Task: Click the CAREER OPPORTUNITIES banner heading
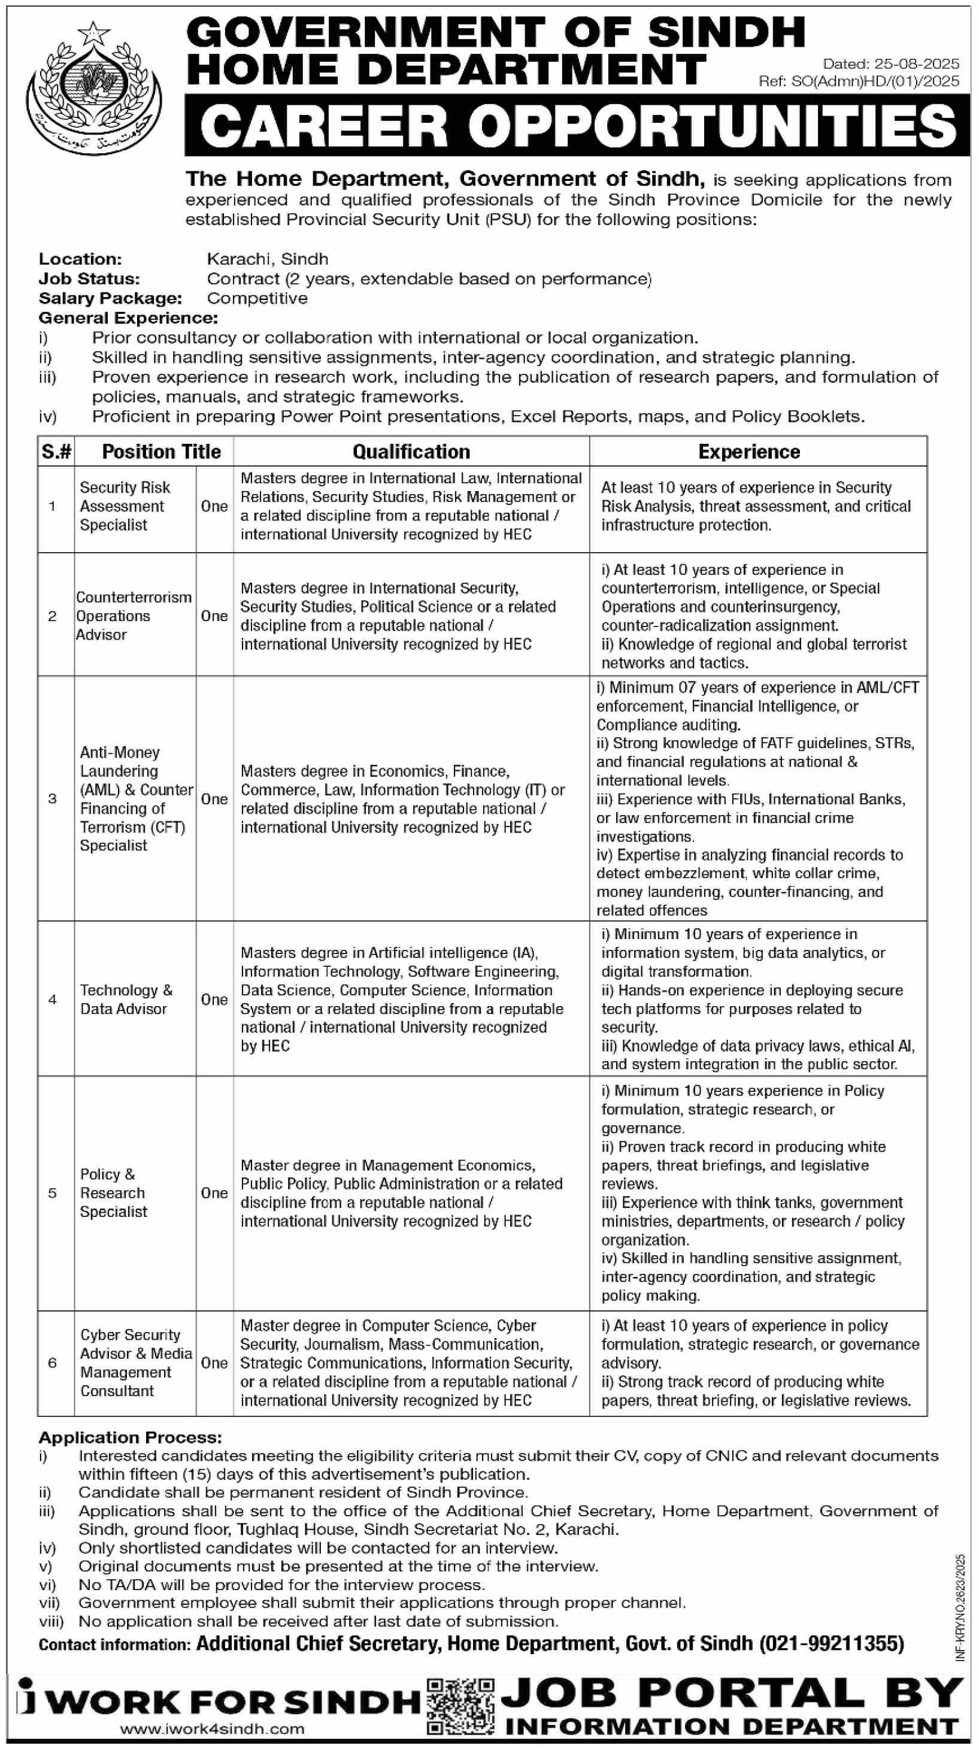(x=577, y=126)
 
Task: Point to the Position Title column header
(x=161, y=452)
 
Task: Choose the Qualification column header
(x=411, y=452)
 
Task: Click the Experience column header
(x=748, y=452)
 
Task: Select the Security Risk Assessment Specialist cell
(x=125, y=506)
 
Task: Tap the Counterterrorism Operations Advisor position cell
(x=134, y=616)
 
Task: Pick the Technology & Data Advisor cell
(x=126, y=1000)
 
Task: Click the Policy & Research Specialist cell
(x=113, y=1193)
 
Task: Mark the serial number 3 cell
(x=52, y=798)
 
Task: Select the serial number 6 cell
(x=52, y=1363)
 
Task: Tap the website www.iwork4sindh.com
(x=213, y=1730)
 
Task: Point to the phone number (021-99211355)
(x=832, y=1643)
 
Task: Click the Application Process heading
(x=131, y=1437)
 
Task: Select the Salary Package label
(x=111, y=298)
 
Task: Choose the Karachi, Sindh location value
(x=268, y=259)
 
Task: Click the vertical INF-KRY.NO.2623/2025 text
(x=960, y=1607)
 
